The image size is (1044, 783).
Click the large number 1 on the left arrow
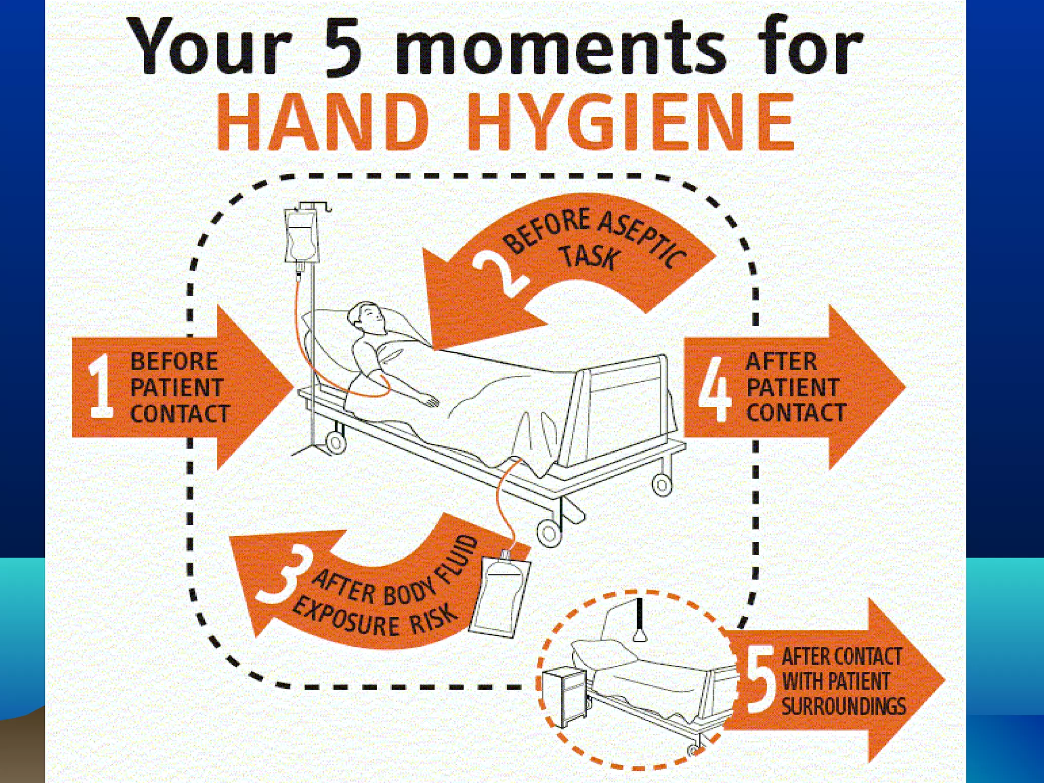tap(101, 386)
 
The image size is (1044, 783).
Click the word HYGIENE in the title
tap(630, 122)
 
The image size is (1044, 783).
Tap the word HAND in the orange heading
tap(323, 122)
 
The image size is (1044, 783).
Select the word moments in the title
tap(561, 48)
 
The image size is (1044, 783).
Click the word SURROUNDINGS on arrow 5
tap(844, 707)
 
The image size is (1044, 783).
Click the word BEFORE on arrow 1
tap(174, 362)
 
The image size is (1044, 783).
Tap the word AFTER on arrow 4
tap(781, 362)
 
